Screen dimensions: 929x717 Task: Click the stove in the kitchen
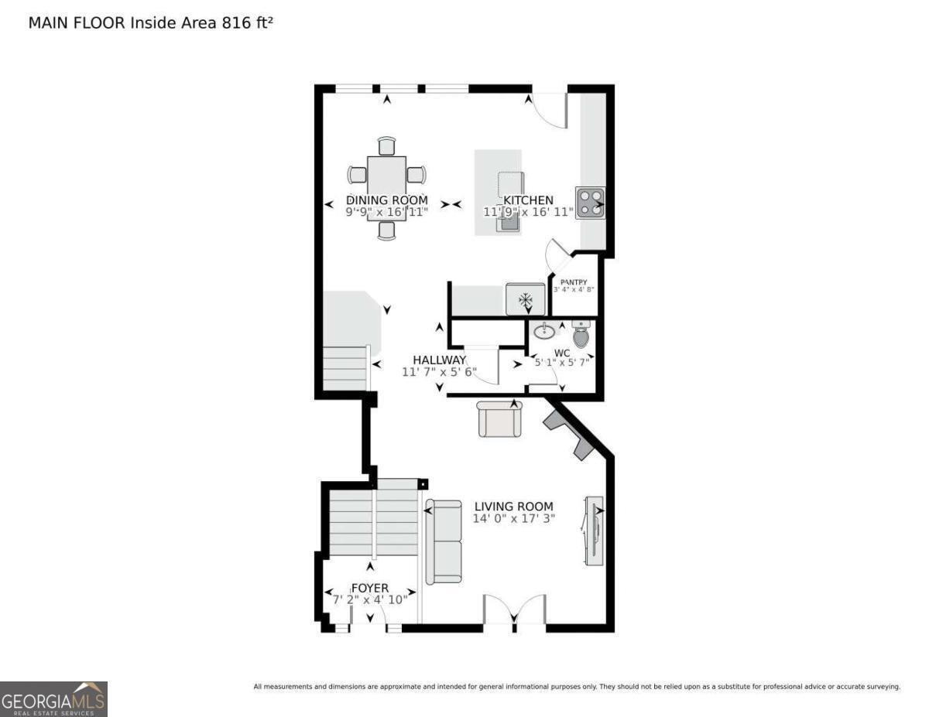coord(590,203)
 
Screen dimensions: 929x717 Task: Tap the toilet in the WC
coord(581,333)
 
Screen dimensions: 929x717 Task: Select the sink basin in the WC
coord(544,330)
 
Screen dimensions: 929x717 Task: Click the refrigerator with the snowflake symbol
coord(526,299)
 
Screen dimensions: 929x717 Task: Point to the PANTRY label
coord(574,282)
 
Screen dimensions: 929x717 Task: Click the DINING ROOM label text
coord(387,200)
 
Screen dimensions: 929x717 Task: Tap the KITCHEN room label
coord(528,200)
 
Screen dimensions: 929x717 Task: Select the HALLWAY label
coord(439,360)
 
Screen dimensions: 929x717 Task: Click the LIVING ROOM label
coord(514,507)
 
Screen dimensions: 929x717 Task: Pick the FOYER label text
coord(370,588)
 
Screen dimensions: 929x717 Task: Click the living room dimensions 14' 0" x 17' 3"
coord(514,519)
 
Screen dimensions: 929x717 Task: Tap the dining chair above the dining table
coord(387,146)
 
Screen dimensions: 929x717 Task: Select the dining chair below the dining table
coord(387,230)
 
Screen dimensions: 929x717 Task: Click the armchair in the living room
coord(499,419)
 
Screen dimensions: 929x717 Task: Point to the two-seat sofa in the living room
coord(444,541)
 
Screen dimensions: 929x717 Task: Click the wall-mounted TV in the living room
coord(595,531)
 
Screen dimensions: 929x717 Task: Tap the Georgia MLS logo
coord(53,699)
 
